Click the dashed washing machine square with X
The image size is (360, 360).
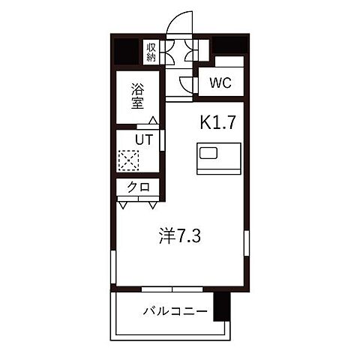pos(128,160)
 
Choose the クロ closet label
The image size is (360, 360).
pos(138,188)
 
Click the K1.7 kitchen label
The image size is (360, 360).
pos(219,121)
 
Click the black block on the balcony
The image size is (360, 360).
pos(220,307)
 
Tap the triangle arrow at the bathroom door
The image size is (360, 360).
pos(153,120)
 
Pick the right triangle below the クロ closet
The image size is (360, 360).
pos(152,203)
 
